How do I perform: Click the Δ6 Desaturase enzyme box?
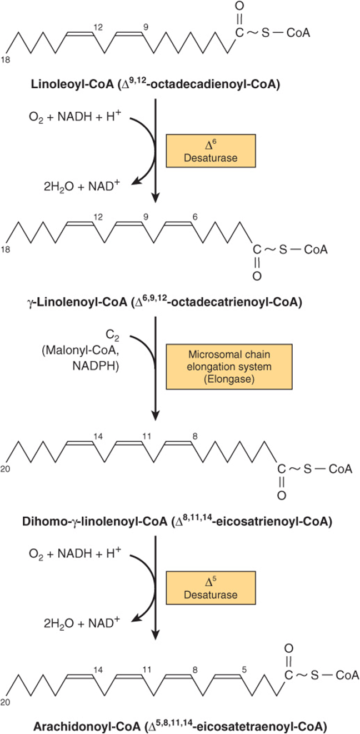[x=211, y=151]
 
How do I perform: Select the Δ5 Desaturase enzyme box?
[x=211, y=587]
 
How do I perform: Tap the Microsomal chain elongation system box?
[x=229, y=367]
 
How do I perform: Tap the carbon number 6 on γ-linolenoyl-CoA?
[x=195, y=217]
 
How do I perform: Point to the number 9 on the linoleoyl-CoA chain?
[x=146, y=27]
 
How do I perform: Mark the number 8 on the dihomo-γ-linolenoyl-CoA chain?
[x=195, y=437]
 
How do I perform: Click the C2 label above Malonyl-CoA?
[x=112, y=335]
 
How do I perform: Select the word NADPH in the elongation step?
[x=96, y=366]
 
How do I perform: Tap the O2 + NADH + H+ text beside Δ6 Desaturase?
[x=75, y=116]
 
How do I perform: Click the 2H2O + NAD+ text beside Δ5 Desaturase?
[x=82, y=622]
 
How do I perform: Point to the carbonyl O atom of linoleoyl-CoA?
[x=239, y=6]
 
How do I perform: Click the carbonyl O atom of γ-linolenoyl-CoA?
[x=257, y=276]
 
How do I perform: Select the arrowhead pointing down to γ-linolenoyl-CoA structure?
[x=156, y=197]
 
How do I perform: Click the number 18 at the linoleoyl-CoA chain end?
[x=6, y=59]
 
